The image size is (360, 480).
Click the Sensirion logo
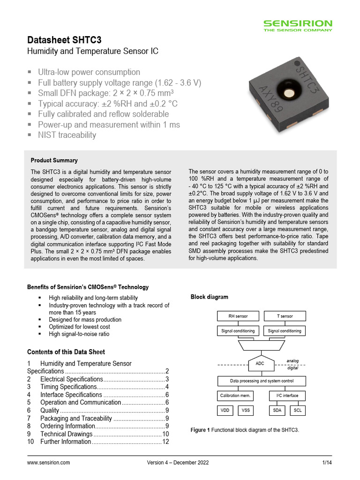(x=297, y=25)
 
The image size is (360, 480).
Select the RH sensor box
(x=238, y=316)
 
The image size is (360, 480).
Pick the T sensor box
(x=285, y=316)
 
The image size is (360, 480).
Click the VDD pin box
(x=226, y=411)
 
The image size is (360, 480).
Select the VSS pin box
(x=245, y=411)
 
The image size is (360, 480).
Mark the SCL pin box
(x=297, y=411)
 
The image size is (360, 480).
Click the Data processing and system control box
(x=261, y=381)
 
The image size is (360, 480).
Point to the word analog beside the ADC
(x=292, y=360)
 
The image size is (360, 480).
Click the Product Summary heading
(x=54, y=160)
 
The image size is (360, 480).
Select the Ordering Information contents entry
(x=67, y=426)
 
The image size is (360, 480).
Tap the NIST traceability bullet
(x=67, y=135)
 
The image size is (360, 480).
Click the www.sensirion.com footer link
(x=49, y=463)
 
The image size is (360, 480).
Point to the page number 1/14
(x=327, y=463)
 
